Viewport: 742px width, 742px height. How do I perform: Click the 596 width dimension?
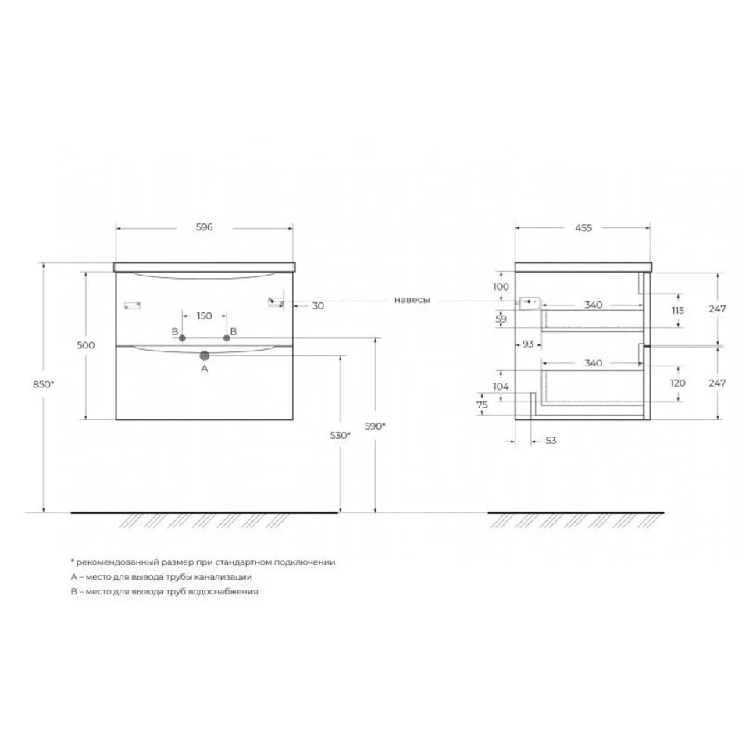coord(205,227)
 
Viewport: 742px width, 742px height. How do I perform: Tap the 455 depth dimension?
coord(583,228)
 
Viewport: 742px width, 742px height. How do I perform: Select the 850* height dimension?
coord(44,384)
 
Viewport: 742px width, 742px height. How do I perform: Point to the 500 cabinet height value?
coord(86,345)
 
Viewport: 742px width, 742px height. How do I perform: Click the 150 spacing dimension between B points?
coord(204,316)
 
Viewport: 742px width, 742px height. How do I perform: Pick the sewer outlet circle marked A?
coord(205,355)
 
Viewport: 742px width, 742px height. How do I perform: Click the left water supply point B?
coord(182,338)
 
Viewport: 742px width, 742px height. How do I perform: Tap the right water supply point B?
coord(227,338)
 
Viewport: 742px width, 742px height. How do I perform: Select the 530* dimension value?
coord(341,435)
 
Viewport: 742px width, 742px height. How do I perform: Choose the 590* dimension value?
coord(375,426)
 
